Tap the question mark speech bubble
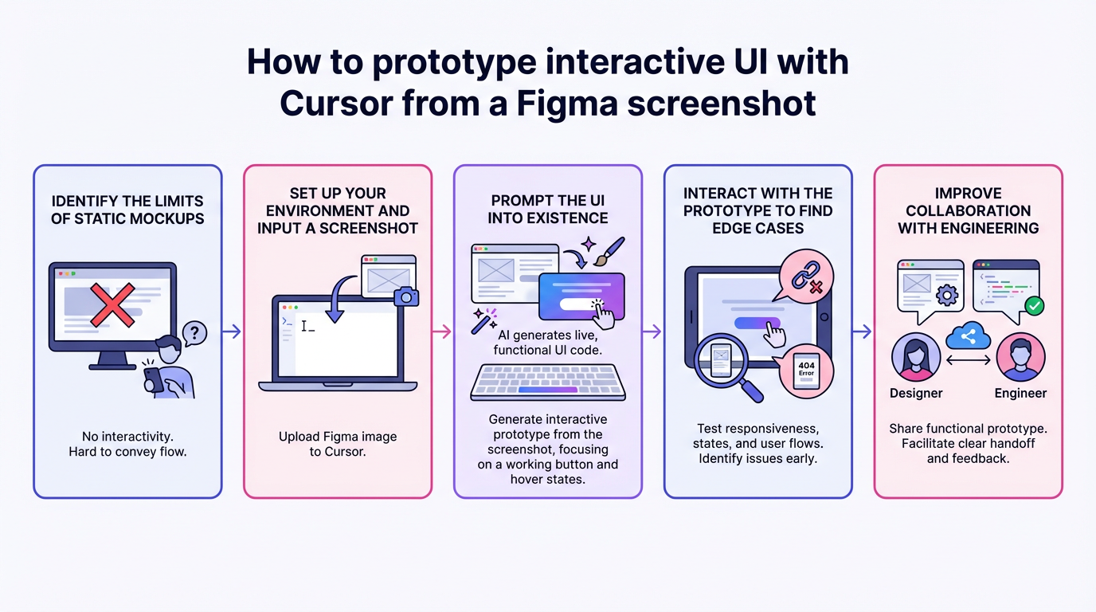point(194,332)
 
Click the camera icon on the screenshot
point(406,296)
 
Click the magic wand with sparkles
point(483,320)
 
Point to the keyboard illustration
point(548,382)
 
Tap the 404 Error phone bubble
point(806,371)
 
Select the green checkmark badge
point(1034,305)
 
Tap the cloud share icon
point(968,337)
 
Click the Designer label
point(916,393)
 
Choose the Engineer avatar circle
point(1020,359)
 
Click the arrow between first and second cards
point(232,331)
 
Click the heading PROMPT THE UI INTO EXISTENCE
point(548,209)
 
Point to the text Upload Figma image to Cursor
point(338,444)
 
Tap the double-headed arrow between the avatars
point(969,360)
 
